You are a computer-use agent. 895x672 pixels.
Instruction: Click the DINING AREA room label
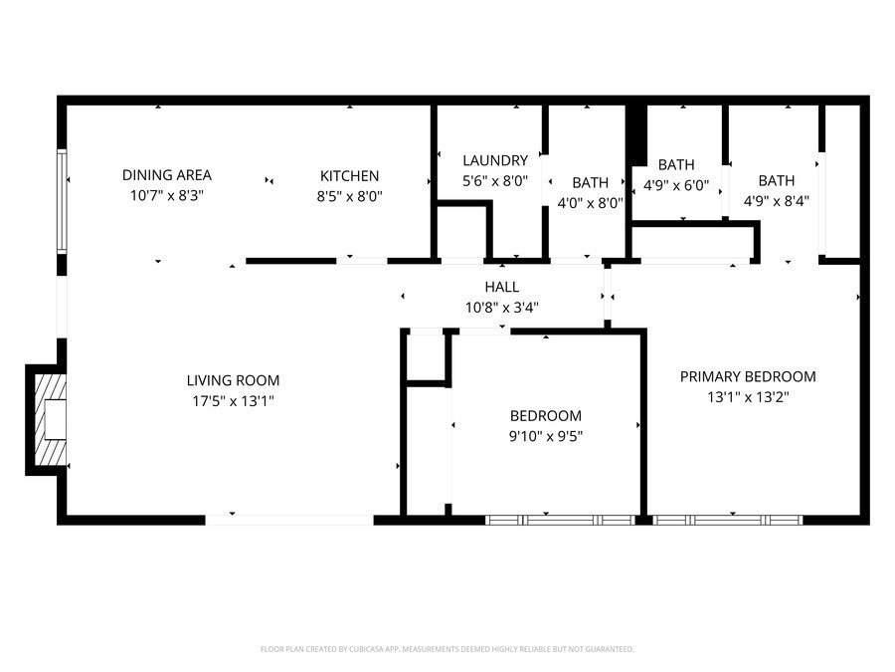(167, 175)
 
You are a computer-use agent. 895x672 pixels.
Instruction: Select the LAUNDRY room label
(494, 160)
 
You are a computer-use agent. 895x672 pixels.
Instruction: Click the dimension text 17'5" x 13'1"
(233, 400)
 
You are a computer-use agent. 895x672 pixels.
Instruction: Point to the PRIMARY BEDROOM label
(747, 376)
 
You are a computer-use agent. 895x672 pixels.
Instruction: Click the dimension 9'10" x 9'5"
(545, 435)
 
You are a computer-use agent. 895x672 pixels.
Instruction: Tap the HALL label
(502, 287)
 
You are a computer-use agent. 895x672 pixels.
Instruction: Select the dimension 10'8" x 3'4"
(502, 308)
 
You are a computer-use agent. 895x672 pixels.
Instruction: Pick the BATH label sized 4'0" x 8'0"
(590, 182)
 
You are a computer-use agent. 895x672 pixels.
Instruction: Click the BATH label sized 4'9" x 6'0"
(676, 164)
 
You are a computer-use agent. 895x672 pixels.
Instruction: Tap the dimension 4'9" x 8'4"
(776, 199)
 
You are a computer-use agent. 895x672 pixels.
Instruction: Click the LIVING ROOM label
(233, 380)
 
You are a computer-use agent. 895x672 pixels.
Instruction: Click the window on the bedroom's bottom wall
(560, 519)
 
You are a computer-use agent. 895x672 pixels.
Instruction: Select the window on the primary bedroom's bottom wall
(728, 519)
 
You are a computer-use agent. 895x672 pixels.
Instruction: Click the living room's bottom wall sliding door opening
(288, 519)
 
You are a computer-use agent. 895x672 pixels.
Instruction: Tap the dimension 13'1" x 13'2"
(747, 396)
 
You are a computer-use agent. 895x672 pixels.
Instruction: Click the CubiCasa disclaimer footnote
(447, 649)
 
